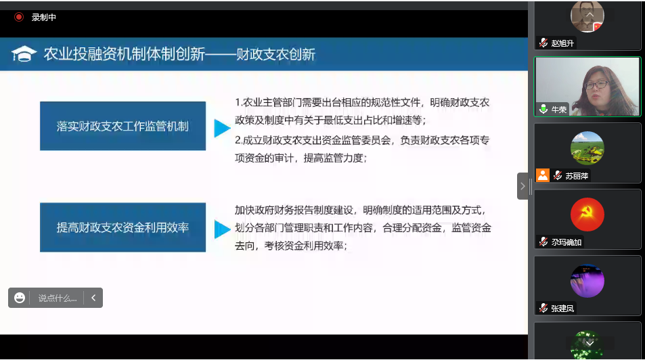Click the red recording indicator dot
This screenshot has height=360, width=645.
pyautogui.click(x=19, y=18)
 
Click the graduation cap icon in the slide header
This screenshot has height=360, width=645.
pyautogui.click(x=24, y=54)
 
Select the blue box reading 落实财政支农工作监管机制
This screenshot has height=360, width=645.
pyautogui.click(x=123, y=126)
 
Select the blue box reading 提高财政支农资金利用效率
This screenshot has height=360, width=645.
pyautogui.click(x=123, y=227)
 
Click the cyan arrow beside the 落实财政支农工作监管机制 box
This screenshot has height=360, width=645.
pyautogui.click(x=222, y=128)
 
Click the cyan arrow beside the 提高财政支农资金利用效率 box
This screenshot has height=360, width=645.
pyautogui.click(x=222, y=229)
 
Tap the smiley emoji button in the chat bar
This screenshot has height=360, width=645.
pyautogui.click(x=20, y=298)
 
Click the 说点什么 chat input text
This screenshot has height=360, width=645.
pyautogui.click(x=58, y=298)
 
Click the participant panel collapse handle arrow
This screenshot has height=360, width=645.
pyautogui.click(x=522, y=186)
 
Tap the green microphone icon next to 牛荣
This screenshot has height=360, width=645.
pyautogui.click(x=543, y=109)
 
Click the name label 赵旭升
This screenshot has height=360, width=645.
pyautogui.click(x=562, y=43)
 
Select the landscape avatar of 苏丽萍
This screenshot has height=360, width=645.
pyautogui.click(x=587, y=148)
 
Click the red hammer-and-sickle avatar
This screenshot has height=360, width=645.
pyautogui.click(x=587, y=215)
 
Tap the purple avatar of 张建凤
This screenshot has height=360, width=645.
pyautogui.click(x=587, y=281)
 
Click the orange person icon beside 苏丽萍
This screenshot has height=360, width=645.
pyautogui.click(x=543, y=175)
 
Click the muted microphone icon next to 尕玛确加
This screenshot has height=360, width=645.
pyautogui.click(x=543, y=242)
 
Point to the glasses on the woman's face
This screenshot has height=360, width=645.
pyautogui.click(x=596, y=85)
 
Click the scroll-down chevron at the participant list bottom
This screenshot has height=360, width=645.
pyautogui.click(x=590, y=343)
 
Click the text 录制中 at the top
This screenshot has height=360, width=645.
pyautogui.click(x=43, y=18)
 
